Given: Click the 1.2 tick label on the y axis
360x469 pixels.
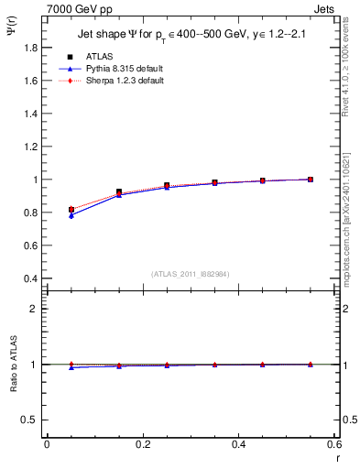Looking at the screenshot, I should pyautogui.click(x=31, y=147).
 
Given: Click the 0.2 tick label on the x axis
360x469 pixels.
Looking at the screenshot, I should pyautogui.click(x=142, y=443).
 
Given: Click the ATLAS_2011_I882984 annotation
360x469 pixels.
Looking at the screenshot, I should pyautogui.click(x=191, y=274).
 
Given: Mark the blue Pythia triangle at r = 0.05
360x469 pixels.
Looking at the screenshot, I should pyautogui.click(x=71, y=215).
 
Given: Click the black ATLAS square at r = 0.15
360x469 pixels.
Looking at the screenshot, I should pyautogui.click(x=119, y=192).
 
